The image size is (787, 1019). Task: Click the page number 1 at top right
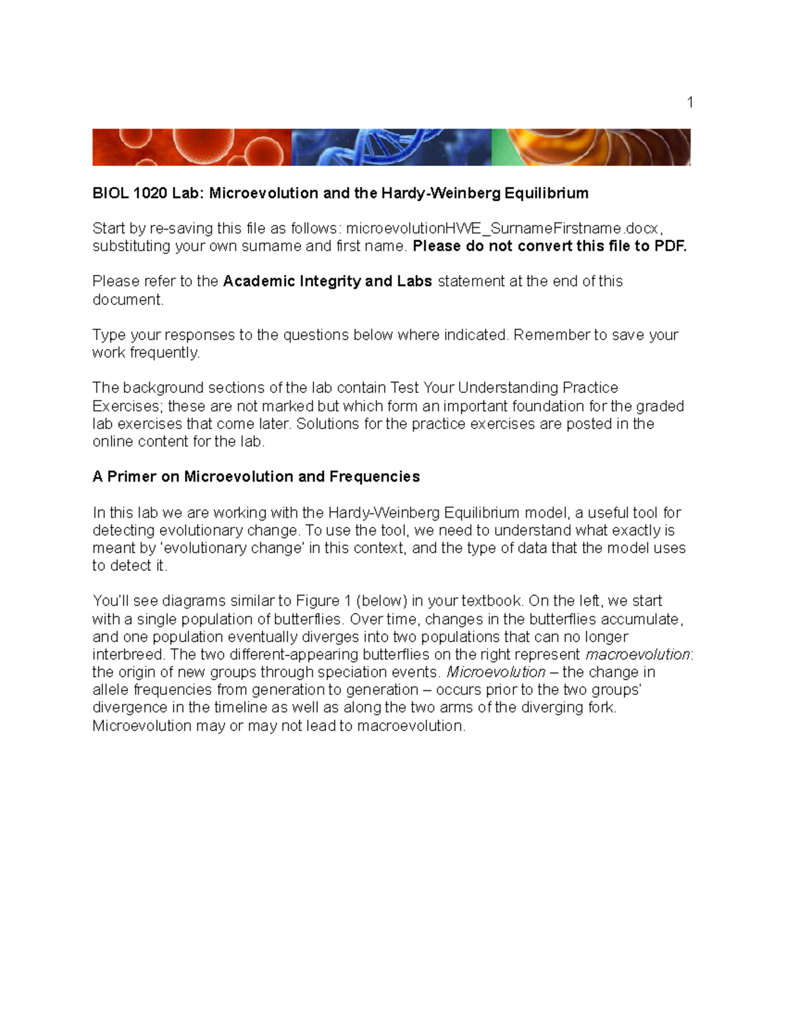click(x=689, y=102)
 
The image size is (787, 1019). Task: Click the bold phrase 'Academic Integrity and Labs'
click(x=327, y=281)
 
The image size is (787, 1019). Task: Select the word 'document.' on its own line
click(x=128, y=299)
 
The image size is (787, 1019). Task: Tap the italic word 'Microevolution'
click(x=496, y=672)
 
